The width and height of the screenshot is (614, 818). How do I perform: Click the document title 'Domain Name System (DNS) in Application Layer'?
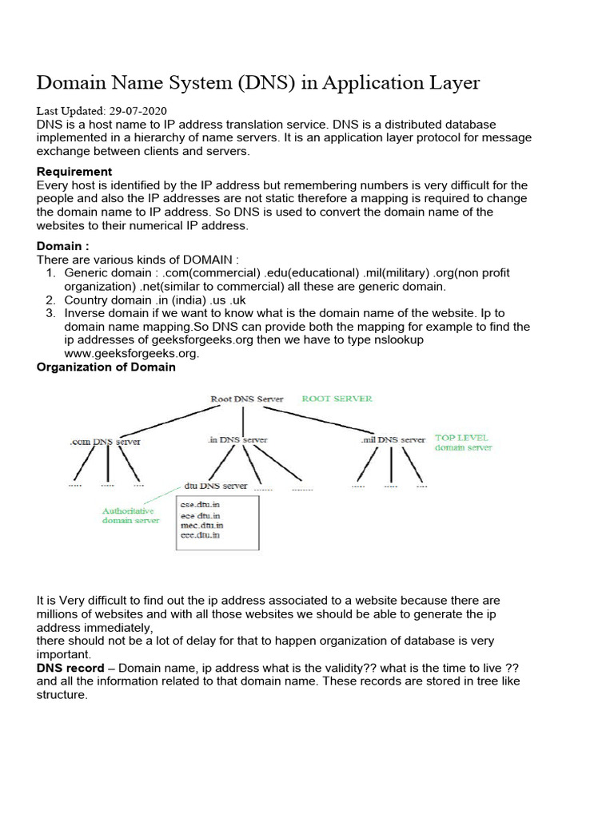258,82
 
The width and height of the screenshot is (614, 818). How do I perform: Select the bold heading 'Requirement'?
74,172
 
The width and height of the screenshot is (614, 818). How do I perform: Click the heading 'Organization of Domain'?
106,367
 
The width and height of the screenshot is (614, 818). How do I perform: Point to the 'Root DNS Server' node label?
248,399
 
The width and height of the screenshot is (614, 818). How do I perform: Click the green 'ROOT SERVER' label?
336,399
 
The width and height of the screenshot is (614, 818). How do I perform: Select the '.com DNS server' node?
105,440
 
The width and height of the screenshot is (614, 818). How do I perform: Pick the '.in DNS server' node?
237,439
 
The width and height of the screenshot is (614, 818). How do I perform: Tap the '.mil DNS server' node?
393,439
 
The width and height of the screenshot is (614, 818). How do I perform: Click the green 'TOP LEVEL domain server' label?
463,443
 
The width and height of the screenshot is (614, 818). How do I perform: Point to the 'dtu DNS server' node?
216,485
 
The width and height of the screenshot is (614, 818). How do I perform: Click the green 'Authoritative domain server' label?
130,515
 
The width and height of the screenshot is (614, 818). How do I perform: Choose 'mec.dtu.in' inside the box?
203,525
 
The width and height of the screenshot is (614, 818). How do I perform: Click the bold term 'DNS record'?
70,668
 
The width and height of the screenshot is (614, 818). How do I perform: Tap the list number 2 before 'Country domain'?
50,300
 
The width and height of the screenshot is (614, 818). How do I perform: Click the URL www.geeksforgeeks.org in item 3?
131,354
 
